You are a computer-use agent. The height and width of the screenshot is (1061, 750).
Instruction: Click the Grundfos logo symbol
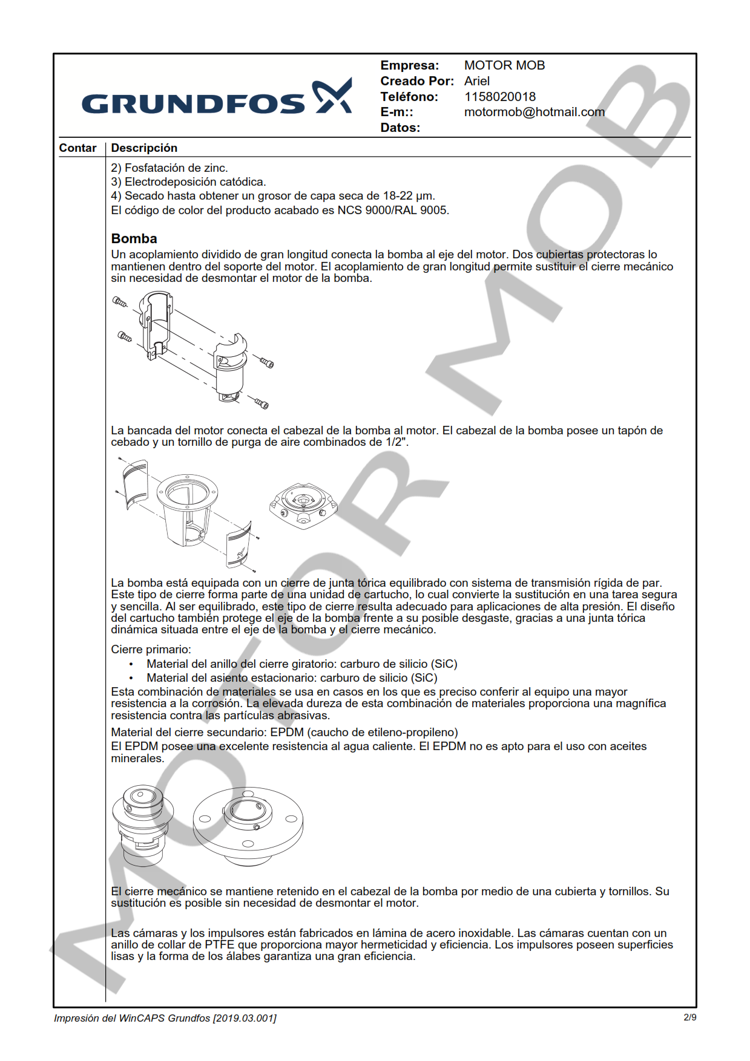coord(332,96)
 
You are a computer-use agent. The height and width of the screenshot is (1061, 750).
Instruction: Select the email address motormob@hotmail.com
coord(534,112)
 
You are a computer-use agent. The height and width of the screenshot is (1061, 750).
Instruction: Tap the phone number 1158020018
coord(499,97)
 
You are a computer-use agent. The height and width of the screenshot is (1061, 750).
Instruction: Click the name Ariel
coord(476,81)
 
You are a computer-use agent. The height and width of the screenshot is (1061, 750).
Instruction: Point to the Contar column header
coord(77,148)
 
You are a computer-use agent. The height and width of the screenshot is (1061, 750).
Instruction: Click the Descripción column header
coord(144,148)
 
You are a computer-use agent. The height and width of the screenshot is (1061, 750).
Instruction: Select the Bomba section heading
coord(134,238)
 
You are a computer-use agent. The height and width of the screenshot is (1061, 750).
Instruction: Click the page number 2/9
coord(689,1017)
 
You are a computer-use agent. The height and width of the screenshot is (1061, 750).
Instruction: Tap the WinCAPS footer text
coord(165,1018)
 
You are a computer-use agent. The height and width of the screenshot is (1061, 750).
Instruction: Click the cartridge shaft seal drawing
coord(143,823)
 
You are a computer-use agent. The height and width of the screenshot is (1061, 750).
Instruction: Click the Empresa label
coord(409,65)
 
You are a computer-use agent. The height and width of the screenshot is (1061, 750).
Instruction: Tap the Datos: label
coord(400,128)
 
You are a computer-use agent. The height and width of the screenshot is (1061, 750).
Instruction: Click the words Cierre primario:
coord(151,650)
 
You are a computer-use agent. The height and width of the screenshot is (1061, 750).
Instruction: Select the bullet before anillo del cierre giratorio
coord(131,664)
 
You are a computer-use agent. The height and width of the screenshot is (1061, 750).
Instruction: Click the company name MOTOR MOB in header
coord(504,65)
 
